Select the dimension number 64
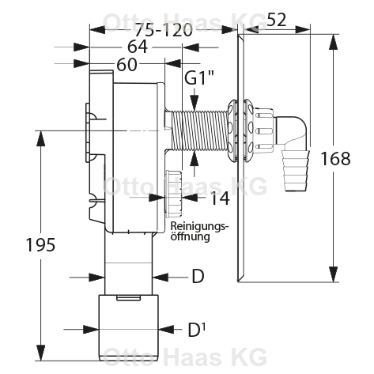click(137, 47)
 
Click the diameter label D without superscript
click(198, 276)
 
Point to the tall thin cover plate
click(238, 158)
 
